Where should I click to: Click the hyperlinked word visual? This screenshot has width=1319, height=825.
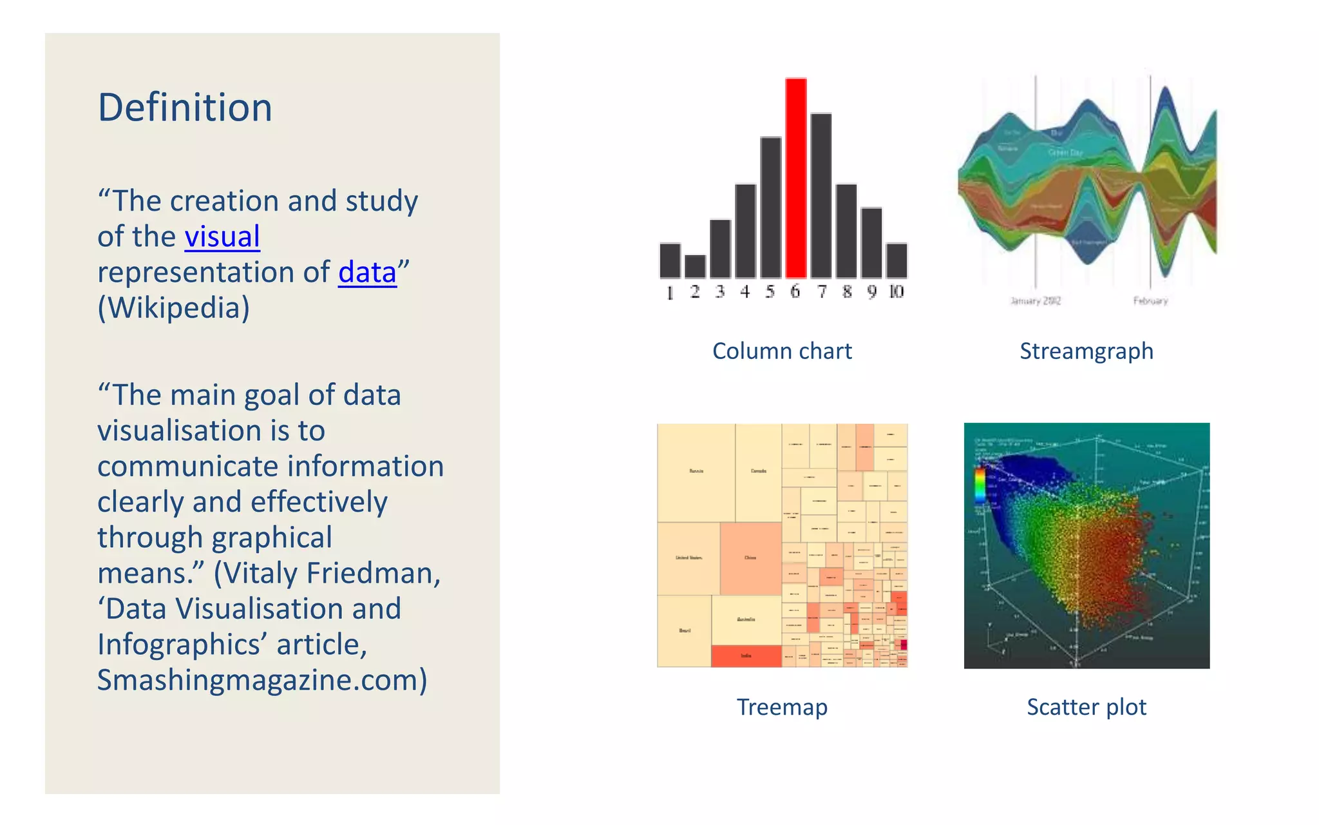pyautogui.click(x=222, y=237)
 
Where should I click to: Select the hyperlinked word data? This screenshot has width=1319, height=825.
pyautogui.click(x=367, y=272)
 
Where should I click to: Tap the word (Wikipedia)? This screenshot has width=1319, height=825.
pyautogui.click(x=173, y=307)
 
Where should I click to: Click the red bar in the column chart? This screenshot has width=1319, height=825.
pyautogui.click(x=796, y=178)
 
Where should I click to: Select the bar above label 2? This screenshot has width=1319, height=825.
pyautogui.click(x=695, y=266)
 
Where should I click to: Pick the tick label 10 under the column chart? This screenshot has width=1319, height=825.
pyautogui.click(x=897, y=292)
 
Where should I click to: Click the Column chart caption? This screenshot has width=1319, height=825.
pyautogui.click(x=782, y=351)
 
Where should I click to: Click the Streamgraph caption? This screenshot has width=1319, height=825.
pyautogui.click(x=1087, y=351)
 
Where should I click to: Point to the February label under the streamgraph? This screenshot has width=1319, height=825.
pyautogui.click(x=1150, y=300)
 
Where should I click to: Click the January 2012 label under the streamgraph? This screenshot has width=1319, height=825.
pyautogui.click(x=1035, y=300)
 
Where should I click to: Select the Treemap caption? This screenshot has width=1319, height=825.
pyautogui.click(x=782, y=707)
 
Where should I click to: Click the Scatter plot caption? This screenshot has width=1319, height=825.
pyautogui.click(x=1087, y=707)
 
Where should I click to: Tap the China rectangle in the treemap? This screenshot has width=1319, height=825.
pyautogui.click(x=750, y=558)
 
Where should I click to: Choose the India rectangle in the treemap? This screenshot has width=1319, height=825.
pyautogui.click(x=746, y=656)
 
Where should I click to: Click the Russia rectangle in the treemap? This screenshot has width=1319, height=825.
pyautogui.click(x=696, y=472)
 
